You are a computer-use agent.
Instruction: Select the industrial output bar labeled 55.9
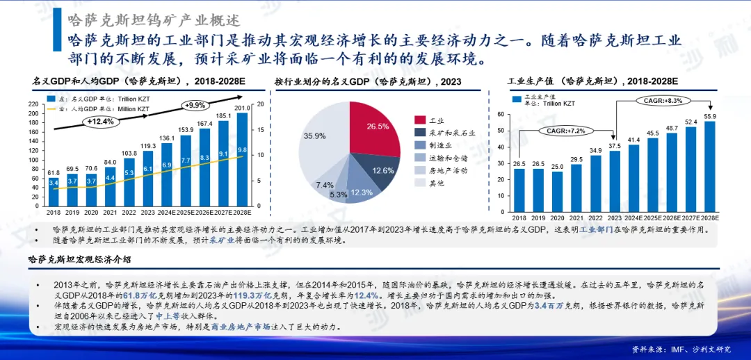710,167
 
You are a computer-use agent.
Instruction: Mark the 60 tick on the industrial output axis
501,113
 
